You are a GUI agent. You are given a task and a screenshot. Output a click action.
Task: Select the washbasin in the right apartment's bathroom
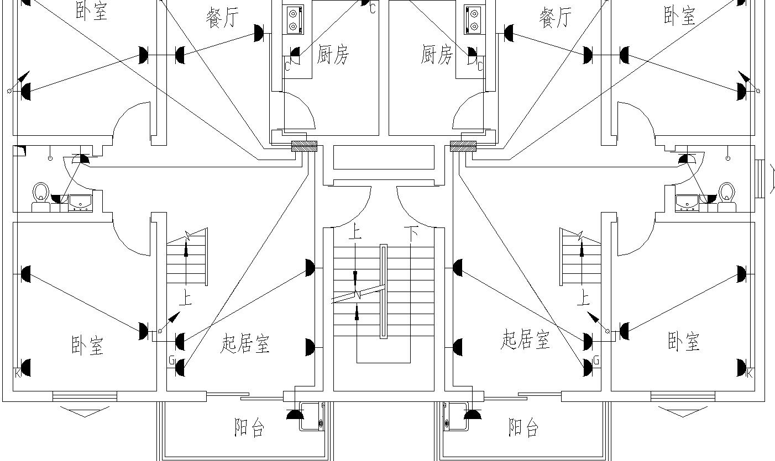[x=687, y=203]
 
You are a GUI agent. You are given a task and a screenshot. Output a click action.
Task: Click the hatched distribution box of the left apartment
[x=304, y=146]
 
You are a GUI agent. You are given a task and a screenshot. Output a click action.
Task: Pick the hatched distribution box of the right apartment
[x=463, y=146]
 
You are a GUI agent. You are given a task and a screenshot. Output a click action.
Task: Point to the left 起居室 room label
[x=245, y=344]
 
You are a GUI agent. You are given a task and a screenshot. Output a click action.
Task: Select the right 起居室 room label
[x=525, y=339]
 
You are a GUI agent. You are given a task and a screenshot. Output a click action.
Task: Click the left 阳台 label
[x=249, y=428]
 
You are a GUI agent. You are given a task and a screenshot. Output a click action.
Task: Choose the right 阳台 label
[x=523, y=427]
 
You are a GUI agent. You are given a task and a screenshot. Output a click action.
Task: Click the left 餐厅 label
[x=222, y=19]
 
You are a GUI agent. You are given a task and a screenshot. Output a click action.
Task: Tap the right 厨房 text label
[x=437, y=55]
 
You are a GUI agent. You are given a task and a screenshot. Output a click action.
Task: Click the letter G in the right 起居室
[x=596, y=361]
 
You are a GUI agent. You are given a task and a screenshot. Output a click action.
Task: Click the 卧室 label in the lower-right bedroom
[x=684, y=342]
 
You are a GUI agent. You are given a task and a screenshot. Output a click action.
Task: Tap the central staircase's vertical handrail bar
[x=383, y=292]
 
